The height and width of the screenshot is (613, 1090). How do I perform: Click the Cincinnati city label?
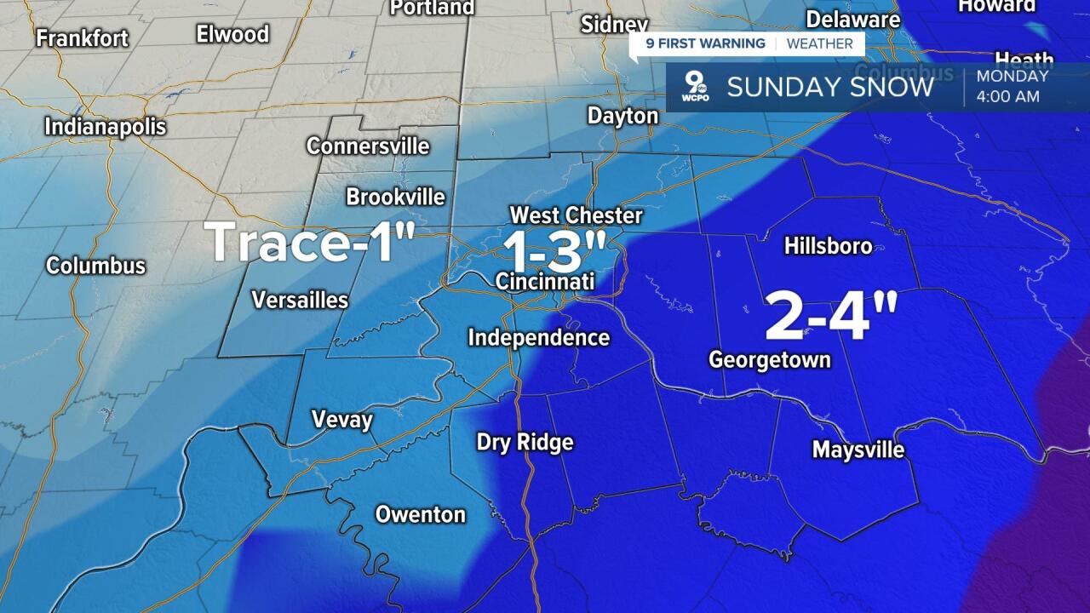(543, 281)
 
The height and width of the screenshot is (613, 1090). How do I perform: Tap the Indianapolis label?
(105, 127)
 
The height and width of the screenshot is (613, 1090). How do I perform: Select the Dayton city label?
(622, 116)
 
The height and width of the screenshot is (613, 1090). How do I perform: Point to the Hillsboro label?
(828, 246)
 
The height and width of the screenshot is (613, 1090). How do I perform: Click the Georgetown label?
(770, 360)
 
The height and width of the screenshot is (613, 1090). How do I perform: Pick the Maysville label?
(858, 449)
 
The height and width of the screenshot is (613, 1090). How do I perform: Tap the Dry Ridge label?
(525, 443)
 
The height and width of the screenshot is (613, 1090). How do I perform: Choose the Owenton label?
(421, 514)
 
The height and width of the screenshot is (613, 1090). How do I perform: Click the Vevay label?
(342, 420)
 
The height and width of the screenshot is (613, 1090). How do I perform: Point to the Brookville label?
(395, 197)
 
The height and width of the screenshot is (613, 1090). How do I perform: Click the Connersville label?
(368, 146)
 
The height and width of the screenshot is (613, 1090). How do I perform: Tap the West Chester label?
(576, 215)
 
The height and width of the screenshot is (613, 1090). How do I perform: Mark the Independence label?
(539, 338)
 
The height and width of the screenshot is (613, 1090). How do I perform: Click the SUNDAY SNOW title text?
(829, 87)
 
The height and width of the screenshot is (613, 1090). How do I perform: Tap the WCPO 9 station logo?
(697, 86)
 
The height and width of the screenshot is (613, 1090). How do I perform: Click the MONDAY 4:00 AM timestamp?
(1012, 86)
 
